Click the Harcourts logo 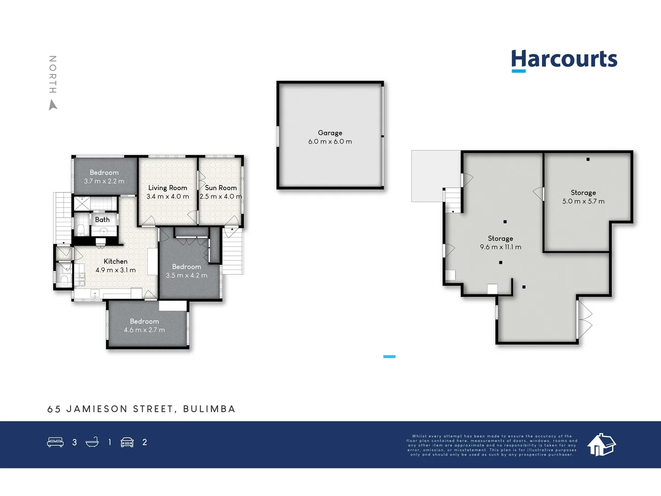tap(564, 60)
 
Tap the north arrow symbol tap(53, 106)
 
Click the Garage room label tap(330, 133)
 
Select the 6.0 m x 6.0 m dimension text tap(330, 141)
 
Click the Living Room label tap(168, 188)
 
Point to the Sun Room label tap(221, 188)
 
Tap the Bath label tap(102, 220)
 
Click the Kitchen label tap(116, 261)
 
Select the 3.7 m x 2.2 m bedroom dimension tap(104, 181)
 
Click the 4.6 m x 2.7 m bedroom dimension tap(144, 330)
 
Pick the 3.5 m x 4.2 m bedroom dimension tap(186, 276)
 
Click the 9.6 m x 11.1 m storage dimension tap(500, 247)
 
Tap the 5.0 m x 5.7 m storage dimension tap(583, 201)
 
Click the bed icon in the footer tap(56, 442)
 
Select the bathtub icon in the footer tap(92, 442)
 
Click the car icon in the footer tap(127, 442)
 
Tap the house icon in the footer tap(601, 445)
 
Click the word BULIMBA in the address tap(209, 409)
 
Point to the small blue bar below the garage tap(389, 356)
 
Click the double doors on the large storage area tap(584, 320)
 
